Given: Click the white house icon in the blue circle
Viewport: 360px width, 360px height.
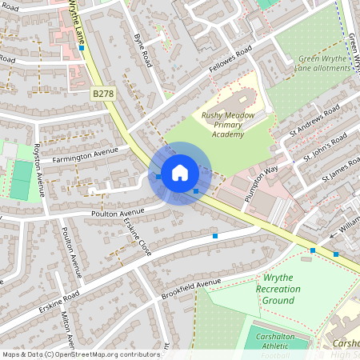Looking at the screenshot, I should (180, 173).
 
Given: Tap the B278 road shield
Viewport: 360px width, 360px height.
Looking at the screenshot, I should (102, 94).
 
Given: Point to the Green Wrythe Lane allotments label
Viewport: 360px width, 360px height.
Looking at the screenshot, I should (324, 63).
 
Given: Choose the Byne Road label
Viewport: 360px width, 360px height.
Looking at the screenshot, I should (142, 47).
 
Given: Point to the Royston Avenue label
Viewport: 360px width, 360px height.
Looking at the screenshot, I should (38, 169).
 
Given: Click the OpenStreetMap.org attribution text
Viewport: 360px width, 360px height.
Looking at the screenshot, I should (100, 354).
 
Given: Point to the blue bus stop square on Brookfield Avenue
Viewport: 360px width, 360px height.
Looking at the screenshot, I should (214, 236).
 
